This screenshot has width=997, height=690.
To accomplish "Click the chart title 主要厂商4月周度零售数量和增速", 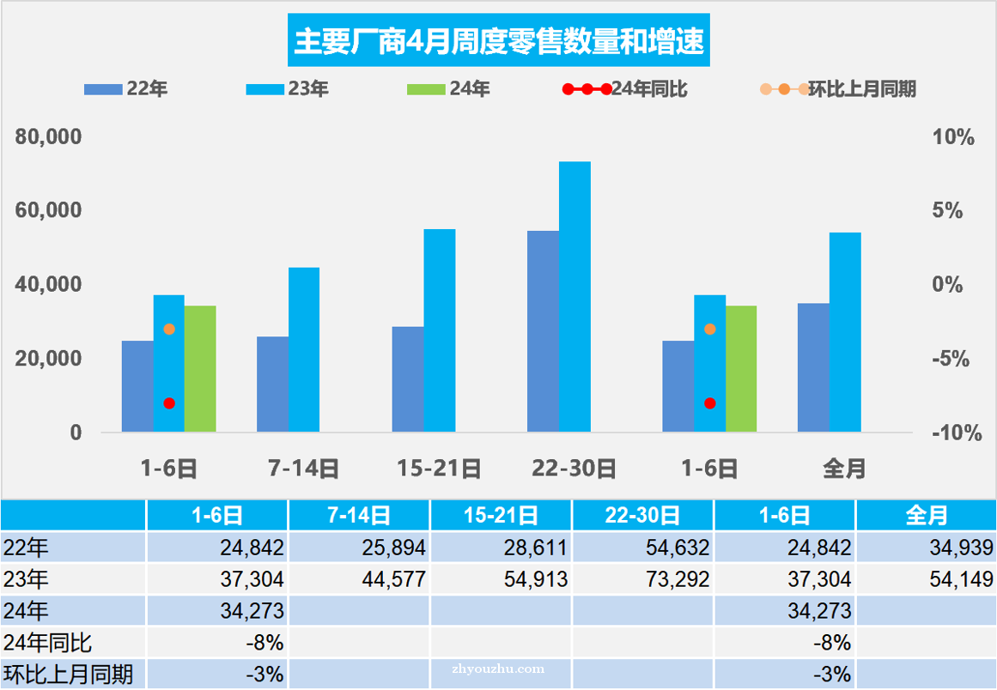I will coord(499,41).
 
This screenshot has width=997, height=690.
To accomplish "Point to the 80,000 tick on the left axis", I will coord(48,137).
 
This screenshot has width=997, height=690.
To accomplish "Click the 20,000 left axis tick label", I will coord(48,359).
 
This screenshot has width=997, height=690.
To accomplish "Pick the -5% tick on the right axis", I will coord(951,359).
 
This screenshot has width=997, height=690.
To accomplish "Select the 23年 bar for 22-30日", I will coord(574,296).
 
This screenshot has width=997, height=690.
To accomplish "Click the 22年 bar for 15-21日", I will coord(408,378).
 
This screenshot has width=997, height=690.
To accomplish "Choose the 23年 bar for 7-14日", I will coord(304,349).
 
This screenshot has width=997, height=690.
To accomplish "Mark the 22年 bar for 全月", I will coord(813,367).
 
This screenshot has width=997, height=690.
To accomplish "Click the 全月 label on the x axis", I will coord(844,469).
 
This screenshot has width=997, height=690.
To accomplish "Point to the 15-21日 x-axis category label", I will coord(439,469).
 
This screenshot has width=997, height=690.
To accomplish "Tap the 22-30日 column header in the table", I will coord(642,515).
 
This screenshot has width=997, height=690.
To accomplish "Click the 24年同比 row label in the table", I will coord(48,643).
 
